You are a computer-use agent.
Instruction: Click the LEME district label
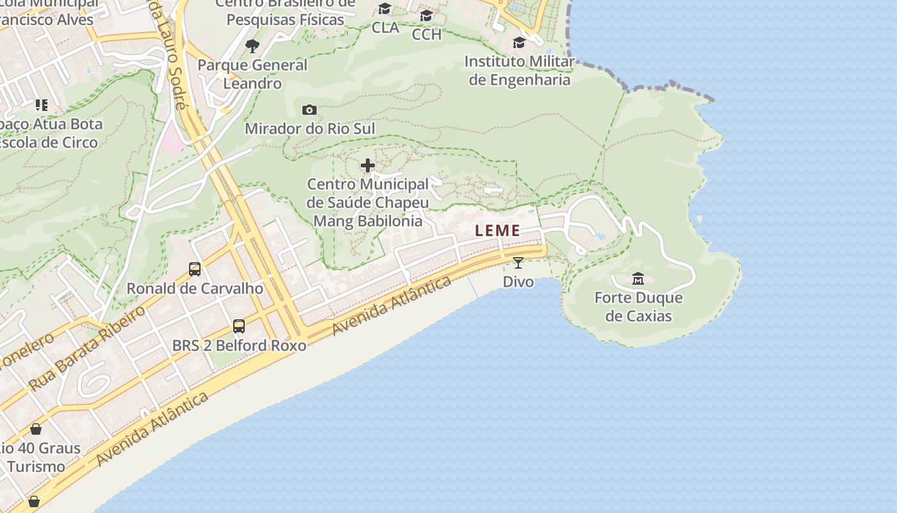pyautogui.click(x=497, y=231)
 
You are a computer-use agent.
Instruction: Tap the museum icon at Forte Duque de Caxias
pyautogui.click(x=638, y=279)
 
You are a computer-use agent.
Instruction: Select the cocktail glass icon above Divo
pyautogui.click(x=518, y=262)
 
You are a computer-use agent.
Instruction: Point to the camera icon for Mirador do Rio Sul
pyautogui.click(x=309, y=110)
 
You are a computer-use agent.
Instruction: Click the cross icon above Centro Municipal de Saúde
pyautogui.click(x=368, y=166)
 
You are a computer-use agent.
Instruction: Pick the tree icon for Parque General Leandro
pyautogui.click(x=252, y=46)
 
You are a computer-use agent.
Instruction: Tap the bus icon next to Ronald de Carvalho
pyautogui.click(x=195, y=269)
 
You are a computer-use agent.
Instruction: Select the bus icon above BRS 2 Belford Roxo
pyautogui.click(x=239, y=326)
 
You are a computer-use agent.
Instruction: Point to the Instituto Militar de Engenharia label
pyautogui.click(x=520, y=71)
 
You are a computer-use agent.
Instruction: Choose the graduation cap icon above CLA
pyautogui.click(x=385, y=9)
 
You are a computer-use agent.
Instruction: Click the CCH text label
pyautogui.click(x=427, y=34)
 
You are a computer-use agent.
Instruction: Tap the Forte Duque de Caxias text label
pyautogui.click(x=639, y=307)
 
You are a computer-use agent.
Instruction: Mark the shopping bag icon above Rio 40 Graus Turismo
pyautogui.click(x=36, y=429)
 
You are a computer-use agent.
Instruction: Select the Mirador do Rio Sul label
pyautogui.click(x=310, y=128)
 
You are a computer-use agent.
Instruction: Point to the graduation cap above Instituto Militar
pyautogui.click(x=519, y=43)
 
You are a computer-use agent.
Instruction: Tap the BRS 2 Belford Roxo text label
pyautogui.click(x=239, y=345)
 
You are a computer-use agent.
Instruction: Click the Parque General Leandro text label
pyautogui.click(x=252, y=74)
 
